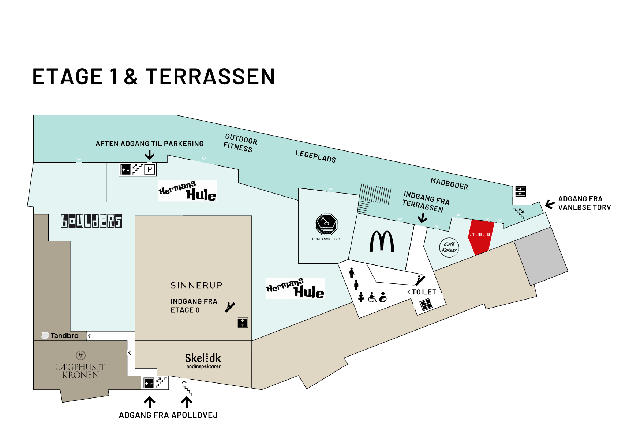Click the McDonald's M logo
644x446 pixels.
click(x=382, y=241)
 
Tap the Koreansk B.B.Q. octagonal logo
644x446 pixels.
click(x=326, y=224)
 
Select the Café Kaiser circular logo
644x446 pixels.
click(x=449, y=247)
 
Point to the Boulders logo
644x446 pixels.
click(x=91, y=221)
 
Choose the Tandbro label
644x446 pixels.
click(x=60, y=335)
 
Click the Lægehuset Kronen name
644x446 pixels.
click(x=80, y=371)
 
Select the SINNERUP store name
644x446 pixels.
click(x=196, y=285)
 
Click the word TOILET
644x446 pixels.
click(x=424, y=292)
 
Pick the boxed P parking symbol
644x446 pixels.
click(x=150, y=169)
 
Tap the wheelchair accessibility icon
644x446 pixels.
click(x=372, y=297)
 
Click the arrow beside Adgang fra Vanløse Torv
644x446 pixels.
click(x=550, y=204)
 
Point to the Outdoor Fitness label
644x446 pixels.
click(x=240, y=143)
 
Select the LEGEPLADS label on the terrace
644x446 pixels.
click(x=315, y=156)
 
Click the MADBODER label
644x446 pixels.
click(x=449, y=184)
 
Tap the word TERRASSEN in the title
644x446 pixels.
click(x=210, y=77)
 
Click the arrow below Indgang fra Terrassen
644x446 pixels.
click(x=422, y=218)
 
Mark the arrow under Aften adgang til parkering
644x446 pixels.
click(x=149, y=155)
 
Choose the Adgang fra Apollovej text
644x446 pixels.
click(x=168, y=415)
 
